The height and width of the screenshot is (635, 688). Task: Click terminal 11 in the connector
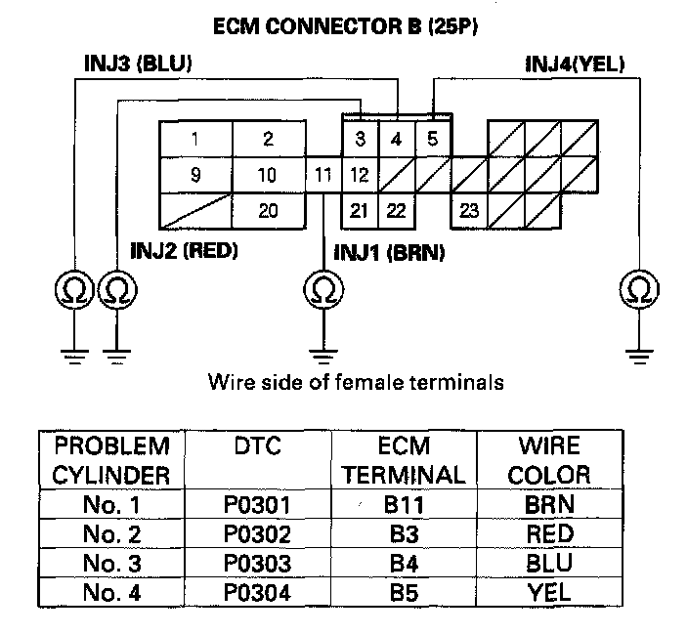pyautogui.click(x=322, y=175)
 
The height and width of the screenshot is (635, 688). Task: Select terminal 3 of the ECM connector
pyautogui.click(x=360, y=139)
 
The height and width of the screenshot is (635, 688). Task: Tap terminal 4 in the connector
pyautogui.click(x=396, y=139)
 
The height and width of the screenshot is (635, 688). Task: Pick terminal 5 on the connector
pyautogui.click(x=433, y=139)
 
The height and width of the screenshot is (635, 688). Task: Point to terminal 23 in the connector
pyautogui.click(x=469, y=210)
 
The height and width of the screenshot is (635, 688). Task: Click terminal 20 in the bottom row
pyautogui.click(x=268, y=210)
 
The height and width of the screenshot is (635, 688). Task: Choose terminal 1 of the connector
pyautogui.click(x=195, y=139)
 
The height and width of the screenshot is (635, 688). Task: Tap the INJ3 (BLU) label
pyautogui.click(x=138, y=63)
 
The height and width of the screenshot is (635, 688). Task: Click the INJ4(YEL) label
pyautogui.click(x=575, y=64)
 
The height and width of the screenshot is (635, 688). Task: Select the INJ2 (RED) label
pyautogui.click(x=184, y=251)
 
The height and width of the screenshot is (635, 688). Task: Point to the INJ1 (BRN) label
pyautogui.click(x=389, y=253)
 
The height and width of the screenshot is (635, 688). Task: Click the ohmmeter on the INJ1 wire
pyautogui.click(x=323, y=289)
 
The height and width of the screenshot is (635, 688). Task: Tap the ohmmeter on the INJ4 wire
pyautogui.click(x=639, y=289)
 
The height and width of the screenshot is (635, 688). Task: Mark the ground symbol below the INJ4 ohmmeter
pyautogui.click(x=639, y=357)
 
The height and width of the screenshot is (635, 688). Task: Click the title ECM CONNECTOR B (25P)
pyautogui.click(x=345, y=26)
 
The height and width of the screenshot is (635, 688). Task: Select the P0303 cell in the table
pyautogui.click(x=257, y=563)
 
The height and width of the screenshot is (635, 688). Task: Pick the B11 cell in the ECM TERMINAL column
pyautogui.click(x=404, y=504)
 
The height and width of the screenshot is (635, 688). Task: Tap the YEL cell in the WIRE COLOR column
pyautogui.click(x=549, y=592)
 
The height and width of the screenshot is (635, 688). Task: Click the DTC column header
pyautogui.click(x=258, y=446)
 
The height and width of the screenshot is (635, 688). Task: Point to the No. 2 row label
pyautogui.click(x=111, y=533)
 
